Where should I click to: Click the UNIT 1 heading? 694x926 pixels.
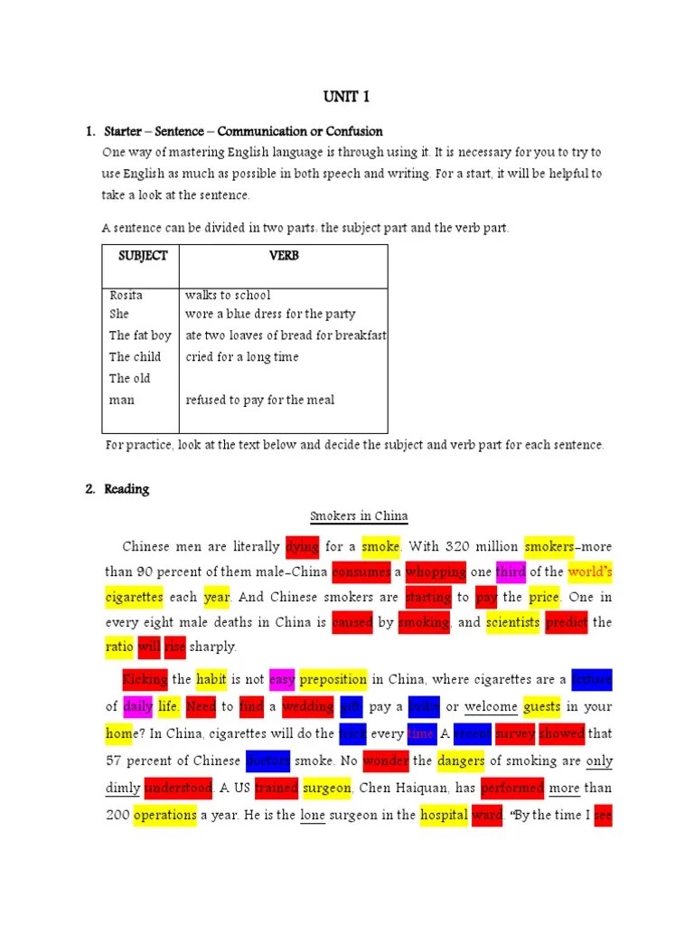click(x=346, y=97)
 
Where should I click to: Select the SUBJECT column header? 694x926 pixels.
click(x=143, y=256)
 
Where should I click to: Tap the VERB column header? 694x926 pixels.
click(x=284, y=256)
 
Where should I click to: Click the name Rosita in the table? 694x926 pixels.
click(x=127, y=295)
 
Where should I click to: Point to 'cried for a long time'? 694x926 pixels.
click(x=242, y=357)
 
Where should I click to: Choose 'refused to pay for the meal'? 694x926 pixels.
click(x=259, y=400)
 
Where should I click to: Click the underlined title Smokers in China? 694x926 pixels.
click(x=359, y=516)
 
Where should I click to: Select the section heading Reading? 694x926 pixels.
click(x=127, y=489)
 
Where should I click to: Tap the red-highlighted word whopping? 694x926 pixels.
click(x=436, y=572)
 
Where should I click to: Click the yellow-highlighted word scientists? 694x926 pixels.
click(x=512, y=622)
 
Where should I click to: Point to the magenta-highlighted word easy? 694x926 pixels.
click(x=282, y=680)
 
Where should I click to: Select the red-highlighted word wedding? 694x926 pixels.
click(x=307, y=707)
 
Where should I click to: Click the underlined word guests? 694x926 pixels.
click(x=541, y=707)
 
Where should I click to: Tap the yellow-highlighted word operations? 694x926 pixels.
click(x=164, y=815)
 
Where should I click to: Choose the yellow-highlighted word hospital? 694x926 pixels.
click(x=443, y=815)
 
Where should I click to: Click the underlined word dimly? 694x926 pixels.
click(x=123, y=788)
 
